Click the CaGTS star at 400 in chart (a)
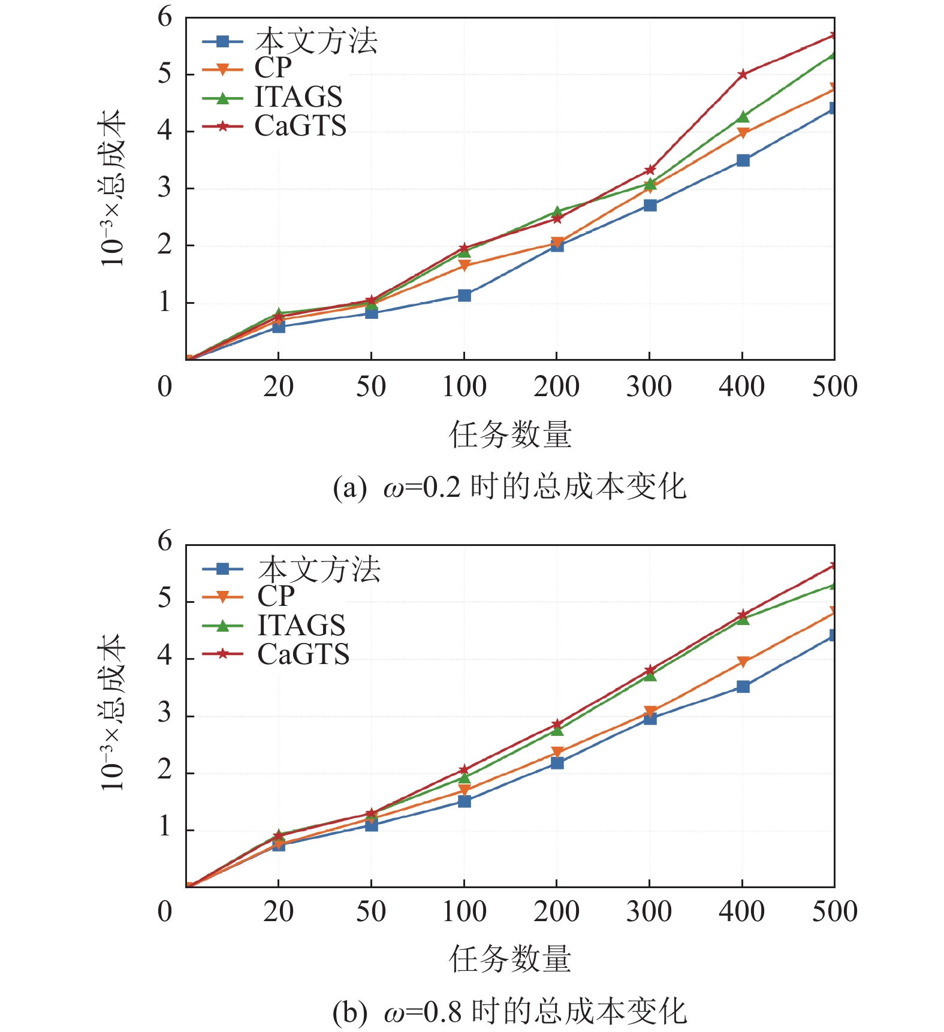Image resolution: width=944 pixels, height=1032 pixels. pos(743,74)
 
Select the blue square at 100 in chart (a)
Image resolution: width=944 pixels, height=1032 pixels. pos(465,295)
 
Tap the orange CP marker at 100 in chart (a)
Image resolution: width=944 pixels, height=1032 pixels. pos(465,265)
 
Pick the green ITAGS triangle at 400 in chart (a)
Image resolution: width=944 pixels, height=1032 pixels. pos(743,117)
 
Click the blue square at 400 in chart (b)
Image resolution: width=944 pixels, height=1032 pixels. pos(743,686)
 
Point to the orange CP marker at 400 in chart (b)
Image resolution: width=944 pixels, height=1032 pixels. pos(743,662)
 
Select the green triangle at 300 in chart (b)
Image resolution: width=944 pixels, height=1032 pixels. pos(650,675)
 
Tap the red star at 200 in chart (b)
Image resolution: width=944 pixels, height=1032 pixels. pos(557,724)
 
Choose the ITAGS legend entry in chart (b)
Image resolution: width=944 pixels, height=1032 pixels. pos(301,626)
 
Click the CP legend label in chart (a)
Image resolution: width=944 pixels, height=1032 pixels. pos(273,68)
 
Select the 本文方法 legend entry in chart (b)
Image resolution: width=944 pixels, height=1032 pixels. pos(319,569)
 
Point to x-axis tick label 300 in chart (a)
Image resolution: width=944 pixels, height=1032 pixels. pos(649,387)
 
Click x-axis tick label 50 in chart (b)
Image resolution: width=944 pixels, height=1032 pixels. pos(371,912)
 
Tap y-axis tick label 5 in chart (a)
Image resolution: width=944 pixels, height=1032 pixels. pos(165,74)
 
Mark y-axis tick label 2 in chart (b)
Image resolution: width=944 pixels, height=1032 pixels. pos(165,771)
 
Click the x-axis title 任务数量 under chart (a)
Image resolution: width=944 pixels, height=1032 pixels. pos(510,434)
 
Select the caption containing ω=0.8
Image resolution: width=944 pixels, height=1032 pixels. pos(509,1012)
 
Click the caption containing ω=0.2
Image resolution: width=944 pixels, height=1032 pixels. pos(509,487)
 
